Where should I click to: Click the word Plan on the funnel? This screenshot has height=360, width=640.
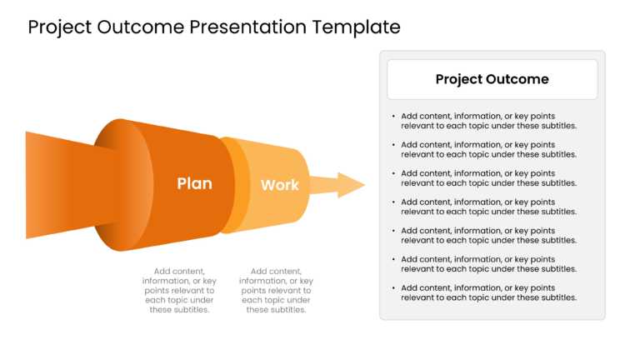pyautogui.click(x=194, y=183)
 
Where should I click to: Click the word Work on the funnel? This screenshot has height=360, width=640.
pyautogui.click(x=279, y=185)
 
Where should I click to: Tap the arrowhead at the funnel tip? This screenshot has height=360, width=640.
pyautogui.click(x=351, y=185)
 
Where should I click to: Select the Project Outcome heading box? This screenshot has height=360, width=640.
pyautogui.click(x=492, y=80)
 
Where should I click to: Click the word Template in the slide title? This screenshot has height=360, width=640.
pyautogui.click(x=356, y=27)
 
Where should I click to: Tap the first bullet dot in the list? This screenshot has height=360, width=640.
pyautogui.click(x=393, y=117)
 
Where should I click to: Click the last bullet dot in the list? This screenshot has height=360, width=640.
pyautogui.click(x=393, y=287)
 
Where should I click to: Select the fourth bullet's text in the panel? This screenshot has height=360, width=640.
pyautogui.click(x=488, y=207)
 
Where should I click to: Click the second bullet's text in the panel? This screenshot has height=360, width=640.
pyautogui.click(x=488, y=150)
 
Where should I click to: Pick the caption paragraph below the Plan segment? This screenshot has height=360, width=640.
pyautogui.click(x=179, y=290)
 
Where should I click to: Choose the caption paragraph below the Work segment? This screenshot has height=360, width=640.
pyautogui.click(x=276, y=290)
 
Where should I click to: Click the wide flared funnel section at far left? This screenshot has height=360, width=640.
pyautogui.click(x=58, y=185)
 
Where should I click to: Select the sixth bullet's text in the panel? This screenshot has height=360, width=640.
pyautogui.click(x=488, y=264)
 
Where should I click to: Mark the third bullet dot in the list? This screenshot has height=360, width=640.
pyautogui.click(x=393, y=173)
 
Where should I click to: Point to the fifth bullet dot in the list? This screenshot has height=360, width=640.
pyautogui.click(x=393, y=231)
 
